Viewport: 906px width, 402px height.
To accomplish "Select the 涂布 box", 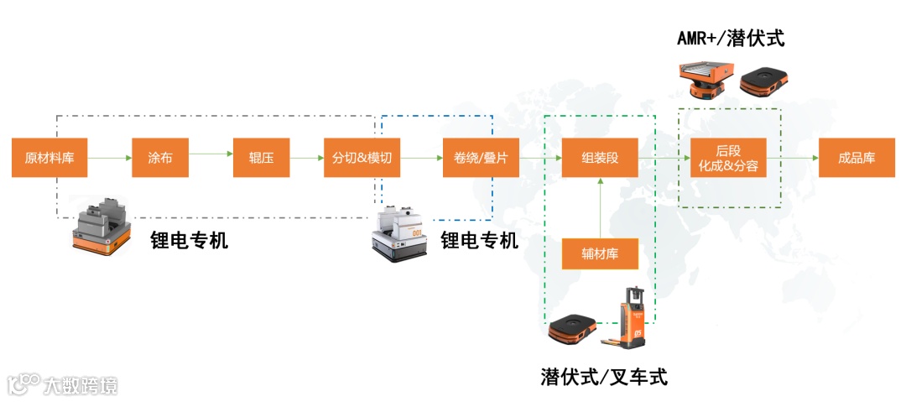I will click(159, 157).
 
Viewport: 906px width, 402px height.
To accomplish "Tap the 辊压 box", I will click(262, 157).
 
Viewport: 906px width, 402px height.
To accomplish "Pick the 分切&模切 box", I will click(362, 157).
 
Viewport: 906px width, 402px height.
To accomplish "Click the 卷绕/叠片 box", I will click(481, 157).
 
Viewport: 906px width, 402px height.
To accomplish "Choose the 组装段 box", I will click(600, 157).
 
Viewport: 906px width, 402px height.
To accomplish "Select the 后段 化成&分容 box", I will click(728, 157).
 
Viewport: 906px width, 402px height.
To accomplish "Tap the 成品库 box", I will click(857, 157).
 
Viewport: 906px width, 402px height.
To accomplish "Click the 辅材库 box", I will click(600, 253).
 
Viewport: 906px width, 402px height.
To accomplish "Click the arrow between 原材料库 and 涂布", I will click(109, 157).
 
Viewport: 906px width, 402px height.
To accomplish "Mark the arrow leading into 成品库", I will click(792, 157).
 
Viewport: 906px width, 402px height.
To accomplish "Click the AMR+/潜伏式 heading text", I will click(731, 39).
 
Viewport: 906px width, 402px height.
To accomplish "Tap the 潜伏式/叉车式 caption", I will click(604, 377).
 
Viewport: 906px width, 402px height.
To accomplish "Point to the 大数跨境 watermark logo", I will click(63, 385).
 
